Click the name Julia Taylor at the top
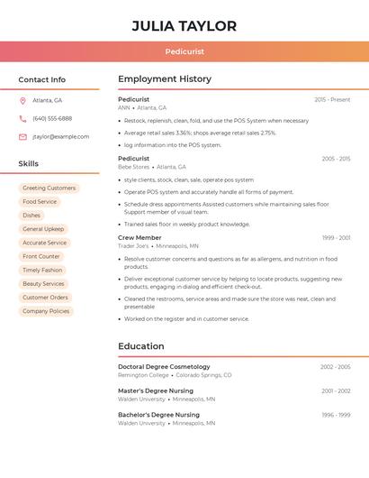coord(184,26)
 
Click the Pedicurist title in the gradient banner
coord(184,52)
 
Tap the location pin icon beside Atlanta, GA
coord(22,100)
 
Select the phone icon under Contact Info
coord(22,118)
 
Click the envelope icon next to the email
coord(22,136)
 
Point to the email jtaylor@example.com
coord(61,136)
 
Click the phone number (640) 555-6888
coord(52,118)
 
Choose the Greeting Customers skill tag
coord(49,188)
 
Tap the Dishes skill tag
coord(31,216)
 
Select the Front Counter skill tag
coord(41,256)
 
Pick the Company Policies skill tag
coord(46,311)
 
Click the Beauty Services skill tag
coord(43,283)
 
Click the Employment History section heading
coord(165,79)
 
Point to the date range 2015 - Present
coord(332,99)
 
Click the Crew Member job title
coord(139,237)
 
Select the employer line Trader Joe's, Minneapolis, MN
coord(158,245)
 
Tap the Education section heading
coord(141,346)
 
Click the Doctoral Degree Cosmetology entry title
coord(164,367)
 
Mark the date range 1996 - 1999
coord(336,415)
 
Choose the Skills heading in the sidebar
coord(29,163)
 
